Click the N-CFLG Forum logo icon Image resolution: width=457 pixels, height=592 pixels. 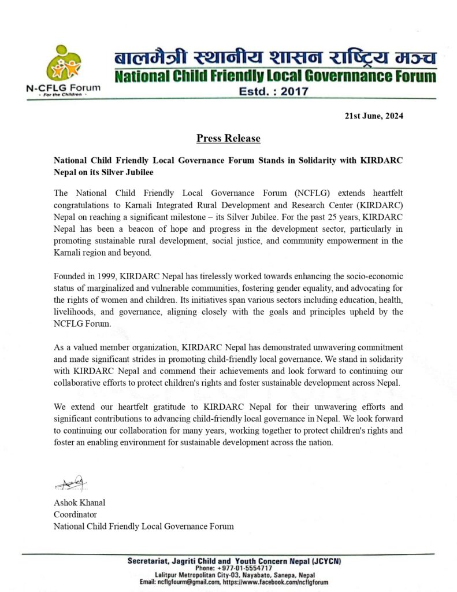(x=64, y=64)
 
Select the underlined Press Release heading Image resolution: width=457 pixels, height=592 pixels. (x=228, y=139)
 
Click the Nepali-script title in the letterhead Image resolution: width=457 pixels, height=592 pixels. (x=274, y=58)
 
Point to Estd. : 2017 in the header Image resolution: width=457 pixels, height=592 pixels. (x=274, y=91)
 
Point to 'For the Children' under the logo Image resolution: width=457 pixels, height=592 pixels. (x=62, y=95)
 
